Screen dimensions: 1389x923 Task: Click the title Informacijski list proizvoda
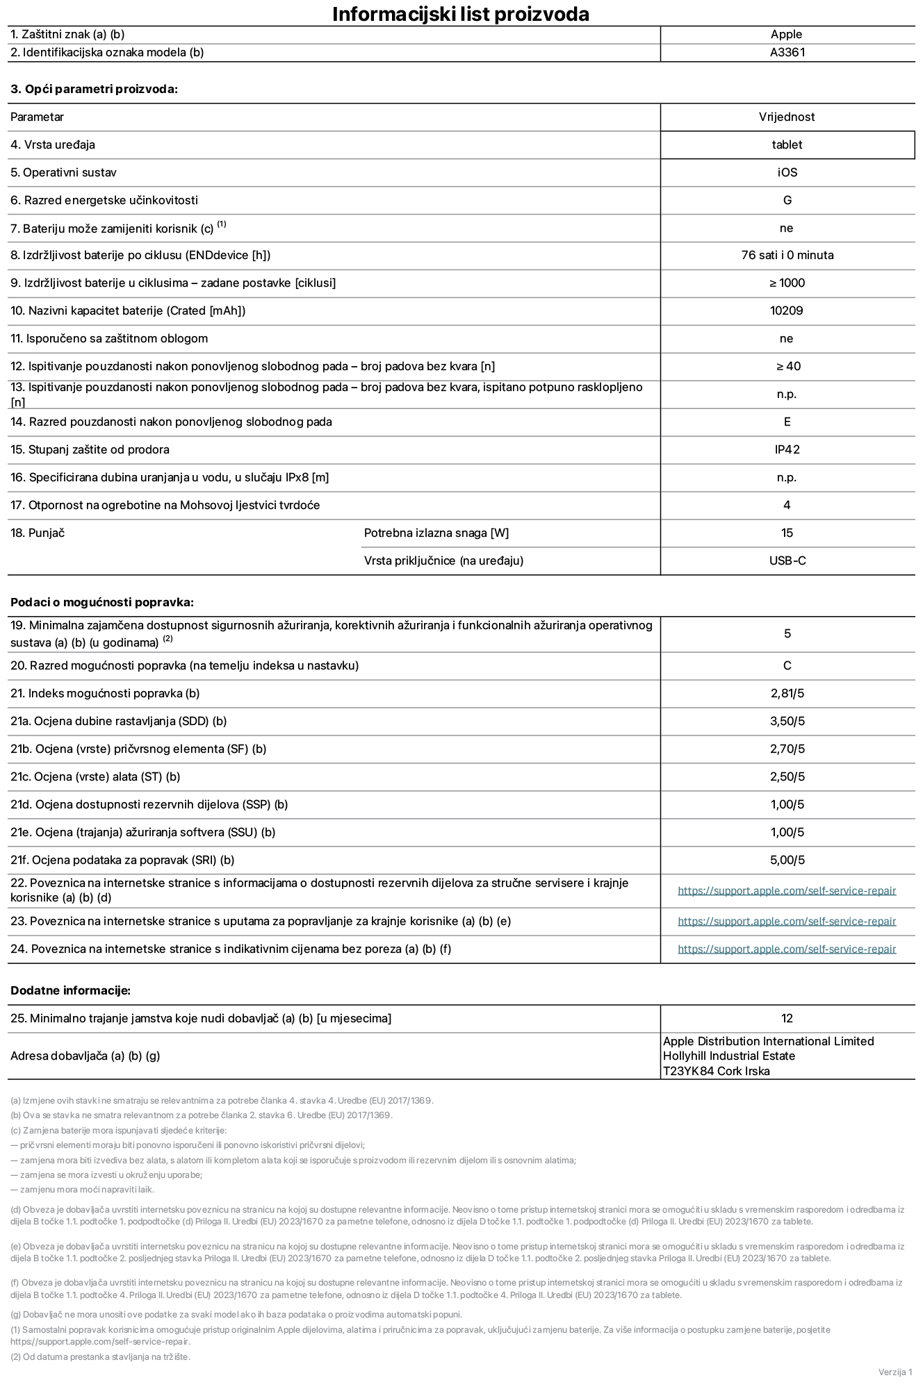[x=461, y=14]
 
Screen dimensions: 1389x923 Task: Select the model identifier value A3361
[x=787, y=52]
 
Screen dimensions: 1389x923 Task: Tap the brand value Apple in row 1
[x=786, y=34]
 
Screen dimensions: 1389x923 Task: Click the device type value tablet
[x=786, y=144]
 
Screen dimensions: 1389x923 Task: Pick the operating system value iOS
[x=787, y=172]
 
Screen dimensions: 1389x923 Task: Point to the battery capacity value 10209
[x=786, y=310]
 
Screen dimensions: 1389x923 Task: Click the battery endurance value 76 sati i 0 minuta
[x=787, y=255]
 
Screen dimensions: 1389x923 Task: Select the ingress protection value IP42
[x=787, y=449]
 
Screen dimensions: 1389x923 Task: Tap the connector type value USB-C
[x=787, y=560]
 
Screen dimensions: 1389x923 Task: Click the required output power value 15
[x=787, y=533]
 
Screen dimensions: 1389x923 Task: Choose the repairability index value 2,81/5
[x=787, y=693]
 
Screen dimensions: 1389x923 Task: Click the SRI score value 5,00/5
[x=787, y=860]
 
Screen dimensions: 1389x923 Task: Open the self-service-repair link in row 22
[x=786, y=890]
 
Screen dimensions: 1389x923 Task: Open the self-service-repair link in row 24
[x=786, y=949]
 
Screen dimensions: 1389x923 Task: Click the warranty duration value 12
[x=787, y=1018]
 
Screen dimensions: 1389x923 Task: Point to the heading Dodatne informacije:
[x=70, y=990]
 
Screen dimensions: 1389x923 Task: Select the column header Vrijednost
[x=786, y=117]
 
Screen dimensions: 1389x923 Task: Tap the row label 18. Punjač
[x=38, y=533]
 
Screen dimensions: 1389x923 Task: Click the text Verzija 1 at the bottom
[x=895, y=1372]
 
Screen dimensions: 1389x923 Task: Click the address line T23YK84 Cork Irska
[x=716, y=1071]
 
